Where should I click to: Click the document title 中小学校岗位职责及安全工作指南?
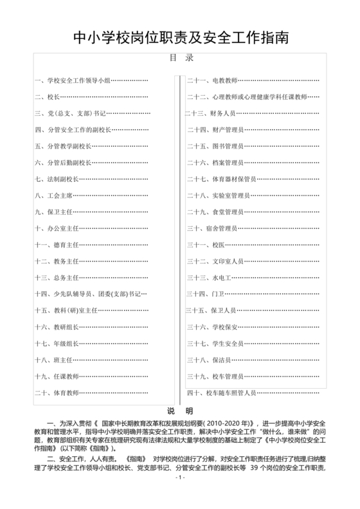click(180, 37)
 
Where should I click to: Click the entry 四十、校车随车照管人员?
click(221, 392)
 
